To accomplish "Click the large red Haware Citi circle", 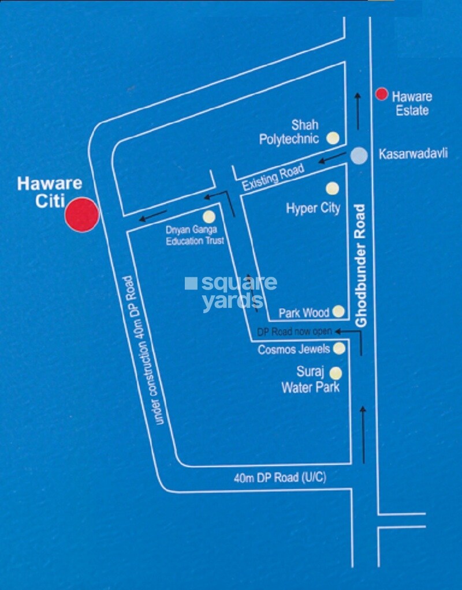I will (x=81, y=215).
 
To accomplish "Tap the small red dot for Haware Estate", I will (x=381, y=94).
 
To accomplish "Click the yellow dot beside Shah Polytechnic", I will (x=333, y=138).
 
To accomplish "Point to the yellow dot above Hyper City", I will (x=332, y=188).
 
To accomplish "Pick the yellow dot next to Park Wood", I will (x=338, y=312).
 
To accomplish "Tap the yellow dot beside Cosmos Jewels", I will (x=339, y=348).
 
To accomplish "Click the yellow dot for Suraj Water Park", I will (x=336, y=374).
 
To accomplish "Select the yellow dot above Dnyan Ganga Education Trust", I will (x=208, y=217).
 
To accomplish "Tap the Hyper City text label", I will (x=313, y=208).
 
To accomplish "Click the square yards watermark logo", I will (x=231, y=292).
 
